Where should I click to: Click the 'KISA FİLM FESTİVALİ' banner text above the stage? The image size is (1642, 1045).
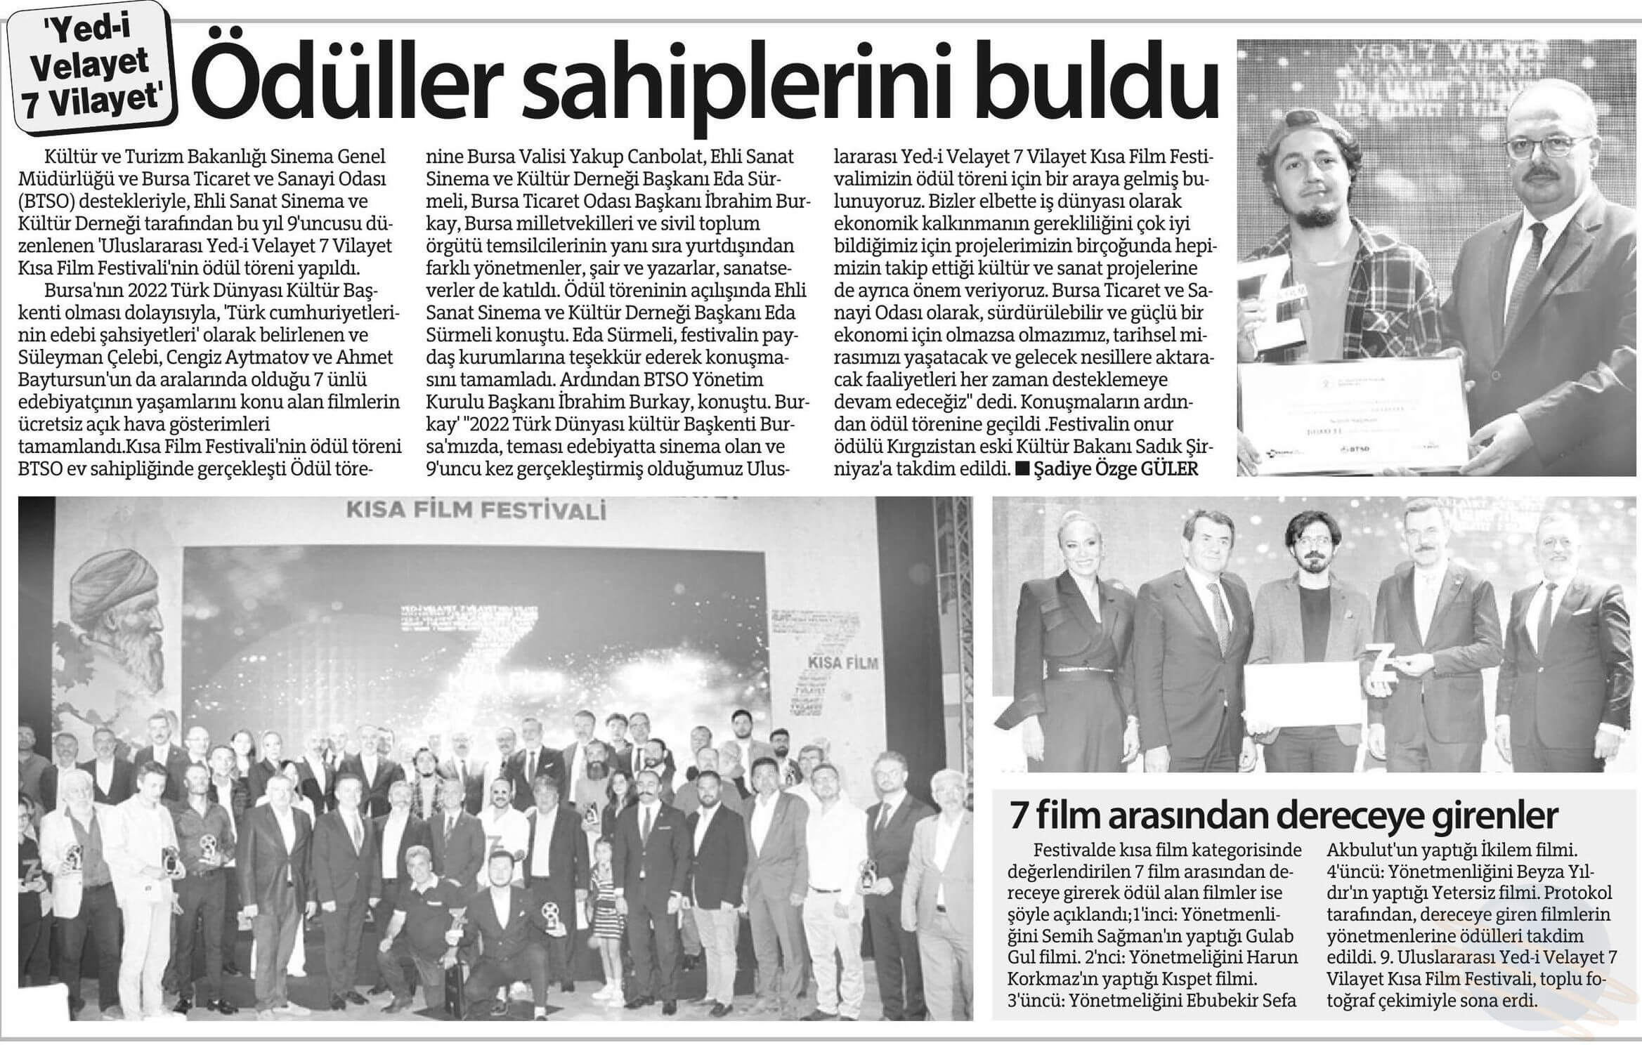[476, 511]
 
